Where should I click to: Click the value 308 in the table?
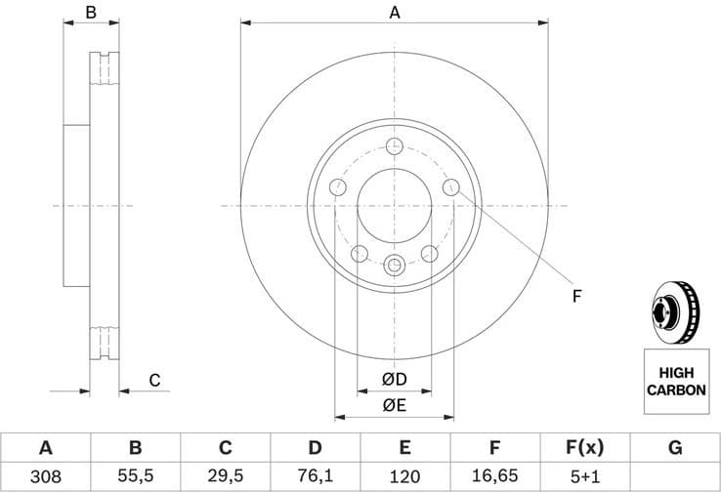click(45, 476)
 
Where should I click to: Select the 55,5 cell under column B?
click(135, 476)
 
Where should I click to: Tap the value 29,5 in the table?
click(225, 476)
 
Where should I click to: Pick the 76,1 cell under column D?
click(315, 476)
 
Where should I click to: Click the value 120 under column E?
click(404, 476)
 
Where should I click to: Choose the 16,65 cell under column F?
click(494, 476)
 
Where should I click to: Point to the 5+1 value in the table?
click(584, 476)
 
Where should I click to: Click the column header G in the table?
click(674, 448)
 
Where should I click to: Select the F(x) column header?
click(584, 448)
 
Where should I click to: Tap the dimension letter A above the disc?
click(395, 13)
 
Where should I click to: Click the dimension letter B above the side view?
click(90, 13)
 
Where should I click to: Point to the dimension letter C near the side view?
click(153, 381)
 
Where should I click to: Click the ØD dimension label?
click(394, 379)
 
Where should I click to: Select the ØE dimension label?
click(394, 404)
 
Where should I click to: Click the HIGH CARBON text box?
click(674, 381)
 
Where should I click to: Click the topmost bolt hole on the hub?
click(395, 146)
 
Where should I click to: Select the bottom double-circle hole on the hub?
click(395, 265)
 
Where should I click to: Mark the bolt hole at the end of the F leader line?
click(451, 187)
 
